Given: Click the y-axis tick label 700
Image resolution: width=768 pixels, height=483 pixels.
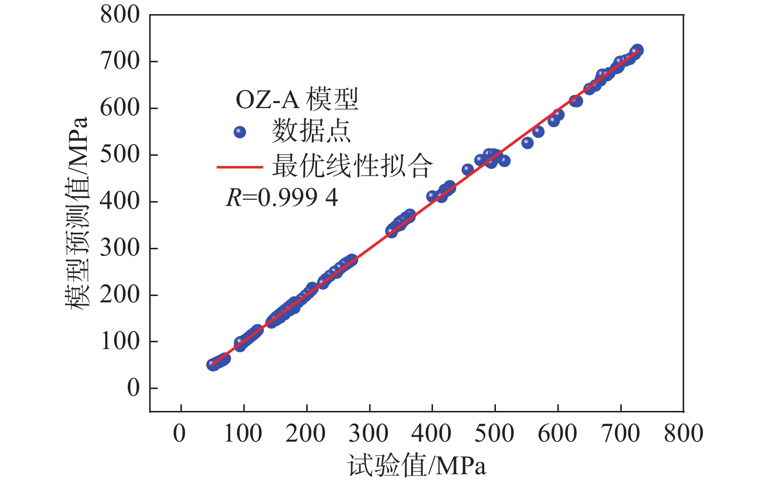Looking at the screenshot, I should click(x=120, y=62).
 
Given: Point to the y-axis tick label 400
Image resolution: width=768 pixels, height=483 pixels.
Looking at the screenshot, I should click(x=120, y=202).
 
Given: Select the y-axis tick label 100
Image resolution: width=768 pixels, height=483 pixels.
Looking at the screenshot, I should click(x=120, y=342).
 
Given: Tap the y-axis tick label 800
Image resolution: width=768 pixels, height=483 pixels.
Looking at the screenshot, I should click(x=120, y=15).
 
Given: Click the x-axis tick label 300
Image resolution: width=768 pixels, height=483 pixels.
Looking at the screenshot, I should click(x=369, y=433).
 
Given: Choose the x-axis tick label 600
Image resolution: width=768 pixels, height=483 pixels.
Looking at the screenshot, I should click(x=557, y=433).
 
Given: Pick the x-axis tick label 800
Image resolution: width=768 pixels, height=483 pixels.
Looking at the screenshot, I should click(x=683, y=433).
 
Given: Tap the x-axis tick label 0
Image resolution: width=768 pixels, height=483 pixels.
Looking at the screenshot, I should click(x=180, y=433).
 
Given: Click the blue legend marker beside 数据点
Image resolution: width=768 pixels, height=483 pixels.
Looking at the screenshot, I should click(x=239, y=132).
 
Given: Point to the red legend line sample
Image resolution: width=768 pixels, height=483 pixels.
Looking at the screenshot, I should click(x=239, y=167).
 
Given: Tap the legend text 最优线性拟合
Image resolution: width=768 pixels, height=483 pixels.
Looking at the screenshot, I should click(x=352, y=167).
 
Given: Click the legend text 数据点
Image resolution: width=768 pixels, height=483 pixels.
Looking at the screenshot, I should click(x=311, y=131).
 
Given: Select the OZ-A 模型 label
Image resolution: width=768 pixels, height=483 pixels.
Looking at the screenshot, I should click(x=297, y=100).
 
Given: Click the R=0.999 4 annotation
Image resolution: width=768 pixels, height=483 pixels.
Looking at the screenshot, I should click(x=282, y=198).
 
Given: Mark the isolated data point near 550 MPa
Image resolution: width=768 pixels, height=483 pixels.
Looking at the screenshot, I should click(x=527, y=143).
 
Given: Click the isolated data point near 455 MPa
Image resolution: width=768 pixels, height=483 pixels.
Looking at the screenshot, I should click(x=468, y=169).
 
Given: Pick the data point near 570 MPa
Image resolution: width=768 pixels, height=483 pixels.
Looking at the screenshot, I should click(x=538, y=131).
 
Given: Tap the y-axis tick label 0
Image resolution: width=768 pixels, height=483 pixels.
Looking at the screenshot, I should click(x=133, y=389).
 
